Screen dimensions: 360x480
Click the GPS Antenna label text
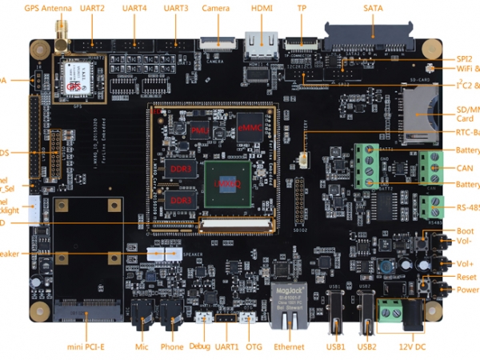point(47,8)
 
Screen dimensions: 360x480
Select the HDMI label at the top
point(262,8)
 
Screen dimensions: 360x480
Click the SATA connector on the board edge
point(372,36)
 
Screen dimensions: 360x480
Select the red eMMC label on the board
point(249,128)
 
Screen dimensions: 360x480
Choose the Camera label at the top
point(216,8)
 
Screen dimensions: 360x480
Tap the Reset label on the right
point(466,277)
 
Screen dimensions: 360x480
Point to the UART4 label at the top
point(134,8)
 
